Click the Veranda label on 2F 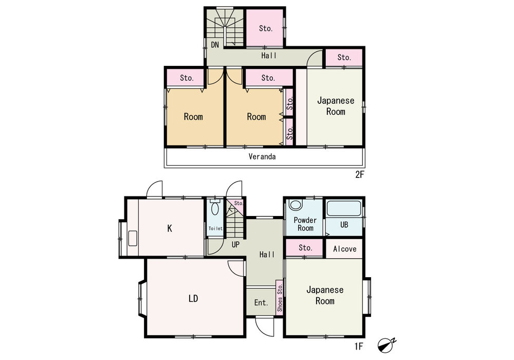click(x=262, y=157)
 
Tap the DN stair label click(x=215, y=45)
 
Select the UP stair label click(x=235, y=244)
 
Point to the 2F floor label click(x=360, y=174)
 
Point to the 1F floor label click(x=359, y=346)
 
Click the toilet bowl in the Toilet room click(x=215, y=208)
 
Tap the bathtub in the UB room click(x=344, y=208)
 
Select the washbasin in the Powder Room click(x=296, y=205)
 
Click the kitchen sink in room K click(x=133, y=238)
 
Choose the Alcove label click(x=344, y=249)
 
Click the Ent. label click(x=261, y=302)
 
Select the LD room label click(x=193, y=299)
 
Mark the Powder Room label click(x=305, y=224)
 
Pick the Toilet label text click(x=215, y=228)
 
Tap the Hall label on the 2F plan click(x=269, y=56)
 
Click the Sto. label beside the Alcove click(x=305, y=247)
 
